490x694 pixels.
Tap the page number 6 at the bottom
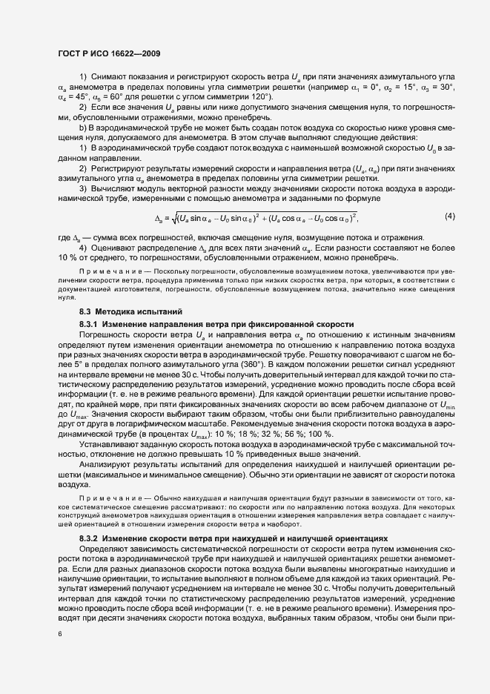click(59, 635)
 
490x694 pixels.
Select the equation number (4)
click(450, 216)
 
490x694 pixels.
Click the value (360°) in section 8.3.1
click(262, 366)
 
